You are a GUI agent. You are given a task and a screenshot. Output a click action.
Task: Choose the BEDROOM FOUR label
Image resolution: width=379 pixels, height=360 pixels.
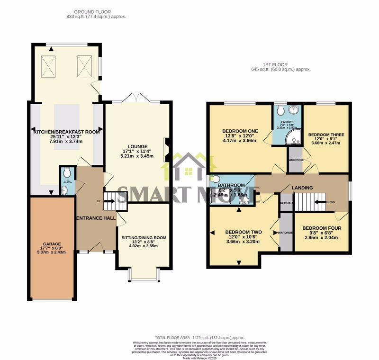[x=322, y=228]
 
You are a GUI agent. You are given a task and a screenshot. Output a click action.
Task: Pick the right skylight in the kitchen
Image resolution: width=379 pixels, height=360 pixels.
[x=83, y=62]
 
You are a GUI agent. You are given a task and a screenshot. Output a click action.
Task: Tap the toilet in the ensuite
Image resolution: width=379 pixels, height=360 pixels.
[x=281, y=110]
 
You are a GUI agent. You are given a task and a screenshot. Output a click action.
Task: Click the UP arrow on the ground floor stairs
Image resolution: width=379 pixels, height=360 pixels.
[x=107, y=202]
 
